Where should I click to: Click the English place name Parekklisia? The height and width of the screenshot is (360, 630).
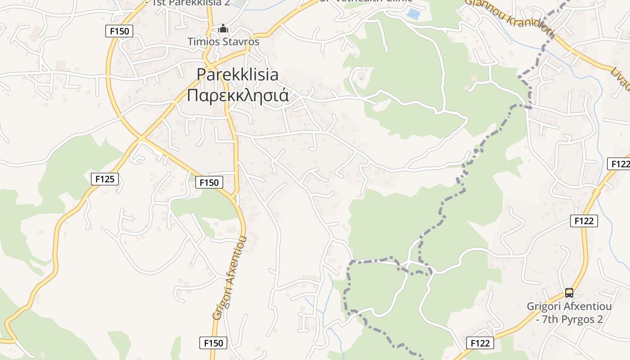(238, 75)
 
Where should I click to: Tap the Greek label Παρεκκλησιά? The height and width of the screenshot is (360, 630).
(238, 95)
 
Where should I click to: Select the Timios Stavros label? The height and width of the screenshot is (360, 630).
(224, 42)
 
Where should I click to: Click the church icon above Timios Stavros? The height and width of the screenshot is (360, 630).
(223, 29)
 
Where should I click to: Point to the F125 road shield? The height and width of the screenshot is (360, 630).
(105, 179)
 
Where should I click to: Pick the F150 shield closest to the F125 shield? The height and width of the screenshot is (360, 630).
(209, 182)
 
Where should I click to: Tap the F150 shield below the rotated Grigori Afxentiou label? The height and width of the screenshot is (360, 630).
(213, 343)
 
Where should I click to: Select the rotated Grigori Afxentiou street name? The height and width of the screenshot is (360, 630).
(230, 278)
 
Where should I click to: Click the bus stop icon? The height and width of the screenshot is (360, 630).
(569, 293)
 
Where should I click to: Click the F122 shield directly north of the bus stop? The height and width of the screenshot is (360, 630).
(584, 221)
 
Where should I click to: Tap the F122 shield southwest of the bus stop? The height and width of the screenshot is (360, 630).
(480, 343)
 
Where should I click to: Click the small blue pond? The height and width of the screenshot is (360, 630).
(413, 14)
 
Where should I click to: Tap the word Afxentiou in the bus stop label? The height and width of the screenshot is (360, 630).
(587, 307)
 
